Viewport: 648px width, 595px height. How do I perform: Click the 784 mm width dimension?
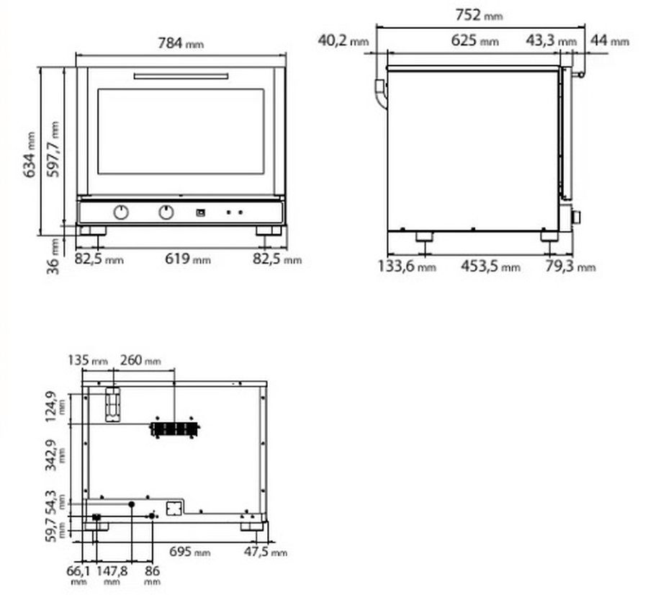coord(181,43)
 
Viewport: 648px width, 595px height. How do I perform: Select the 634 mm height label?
coord(29,155)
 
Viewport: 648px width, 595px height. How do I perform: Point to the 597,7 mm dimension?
coord(53,149)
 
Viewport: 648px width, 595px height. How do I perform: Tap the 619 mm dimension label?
coord(188,259)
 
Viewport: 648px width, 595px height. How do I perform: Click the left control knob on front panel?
coord(121,212)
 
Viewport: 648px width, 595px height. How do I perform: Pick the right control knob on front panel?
coord(166,212)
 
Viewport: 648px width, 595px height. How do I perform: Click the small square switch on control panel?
coord(200,212)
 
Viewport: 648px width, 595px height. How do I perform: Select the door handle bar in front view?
coord(181,76)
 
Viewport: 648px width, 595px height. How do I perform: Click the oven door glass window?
coord(181,132)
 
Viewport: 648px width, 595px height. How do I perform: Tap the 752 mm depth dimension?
coord(479,15)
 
